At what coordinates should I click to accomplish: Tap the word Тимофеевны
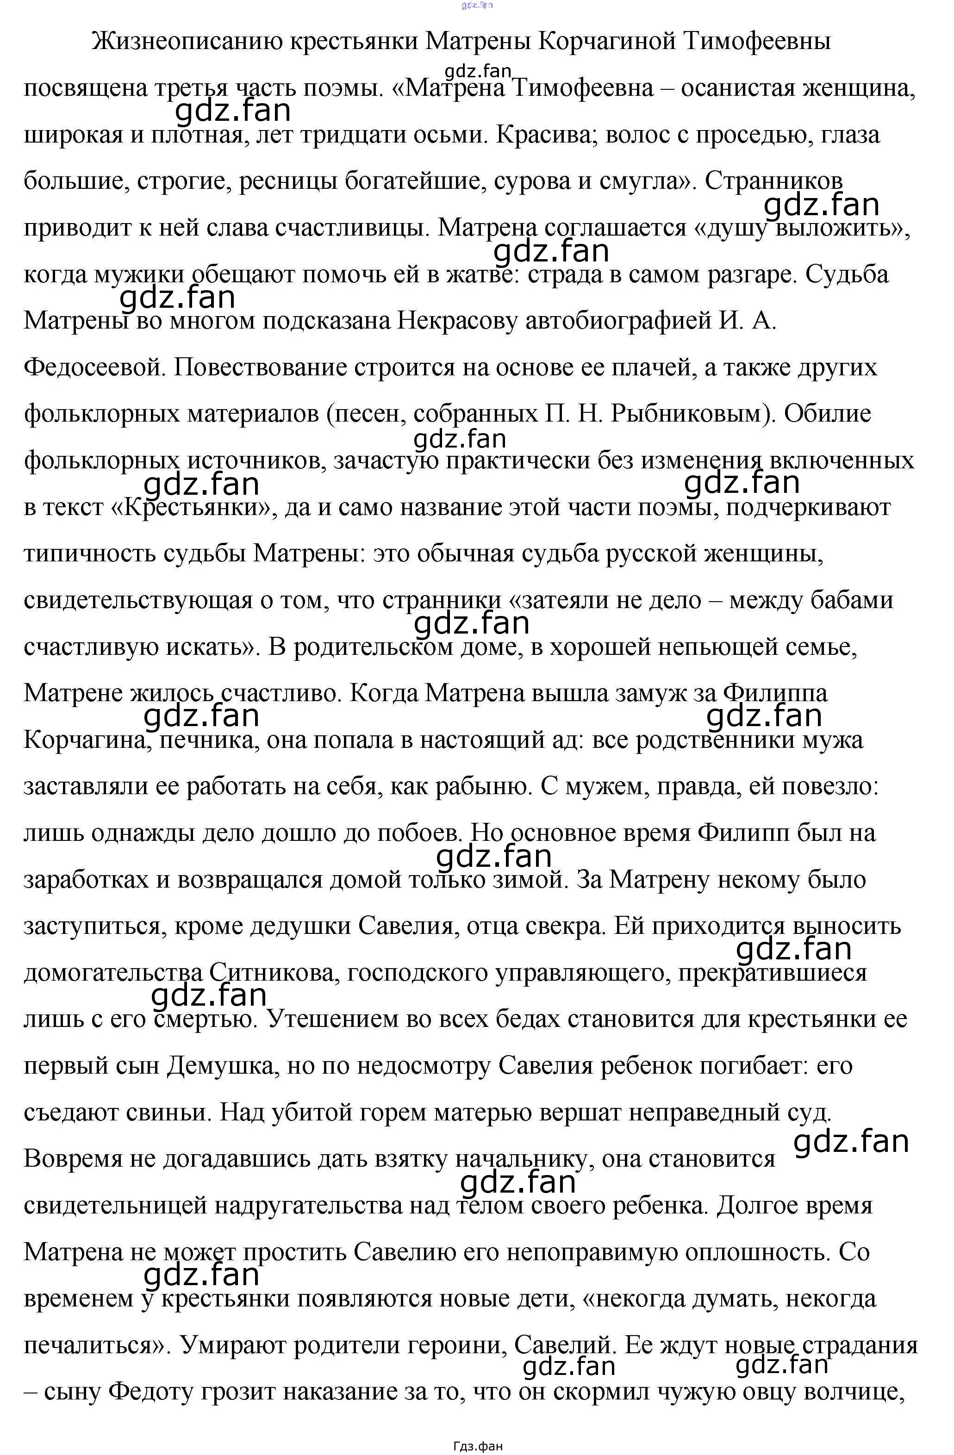click(756, 42)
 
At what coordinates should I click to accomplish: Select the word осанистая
click(738, 89)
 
